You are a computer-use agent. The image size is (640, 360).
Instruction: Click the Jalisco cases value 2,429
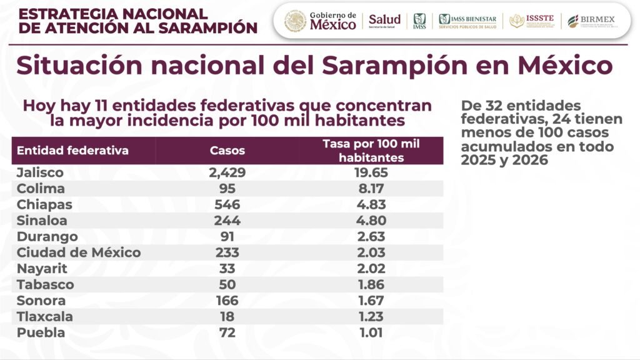pos(227,172)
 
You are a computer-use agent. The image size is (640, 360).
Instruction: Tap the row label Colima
pos(41,189)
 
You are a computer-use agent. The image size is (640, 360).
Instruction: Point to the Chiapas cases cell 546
pos(227,205)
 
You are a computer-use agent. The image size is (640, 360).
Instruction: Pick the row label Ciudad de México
pos(79,252)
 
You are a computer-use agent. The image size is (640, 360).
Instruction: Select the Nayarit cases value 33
pos(227,269)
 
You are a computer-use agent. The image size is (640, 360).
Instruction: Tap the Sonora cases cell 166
pos(227,301)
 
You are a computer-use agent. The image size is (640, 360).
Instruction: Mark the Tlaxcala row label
pos(44,317)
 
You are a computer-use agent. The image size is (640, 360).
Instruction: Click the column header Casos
pos(227,151)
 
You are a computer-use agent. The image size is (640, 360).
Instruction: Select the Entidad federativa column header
pos(72,151)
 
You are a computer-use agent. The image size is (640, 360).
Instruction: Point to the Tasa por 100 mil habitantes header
pos(371,151)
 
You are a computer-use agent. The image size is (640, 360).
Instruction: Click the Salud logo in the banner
pos(384,21)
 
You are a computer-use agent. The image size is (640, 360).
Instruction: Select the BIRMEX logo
pos(591,21)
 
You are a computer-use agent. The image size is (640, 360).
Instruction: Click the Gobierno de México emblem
pos(295,21)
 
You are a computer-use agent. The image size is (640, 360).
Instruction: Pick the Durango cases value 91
pos(227,237)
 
